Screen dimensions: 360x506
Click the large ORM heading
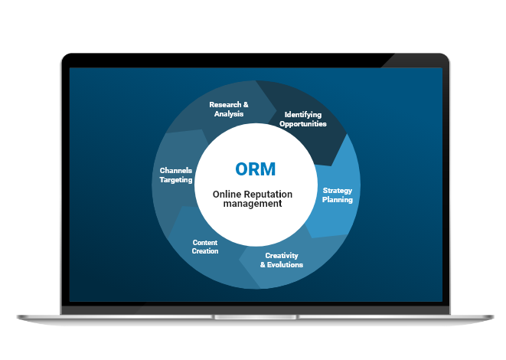pos(253,170)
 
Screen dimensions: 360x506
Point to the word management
pos(253,205)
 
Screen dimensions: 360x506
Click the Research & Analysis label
pos(229,109)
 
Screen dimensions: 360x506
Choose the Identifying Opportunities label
pos(302,119)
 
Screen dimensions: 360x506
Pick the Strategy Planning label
pos(338,195)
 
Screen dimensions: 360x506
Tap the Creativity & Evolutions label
pos(281,260)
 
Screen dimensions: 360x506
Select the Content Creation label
pos(205,247)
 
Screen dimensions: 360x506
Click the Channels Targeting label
pos(176,175)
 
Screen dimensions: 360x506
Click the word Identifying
pos(302,114)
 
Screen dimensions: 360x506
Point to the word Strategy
pos(338,191)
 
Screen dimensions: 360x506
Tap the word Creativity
pos(282,256)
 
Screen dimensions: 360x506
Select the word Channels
pos(176,170)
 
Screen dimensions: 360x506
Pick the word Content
pos(205,242)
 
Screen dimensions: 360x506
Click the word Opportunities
pos(302,123)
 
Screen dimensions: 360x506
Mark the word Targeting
pos(176,179)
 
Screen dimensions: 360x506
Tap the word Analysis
pos(229,113)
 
